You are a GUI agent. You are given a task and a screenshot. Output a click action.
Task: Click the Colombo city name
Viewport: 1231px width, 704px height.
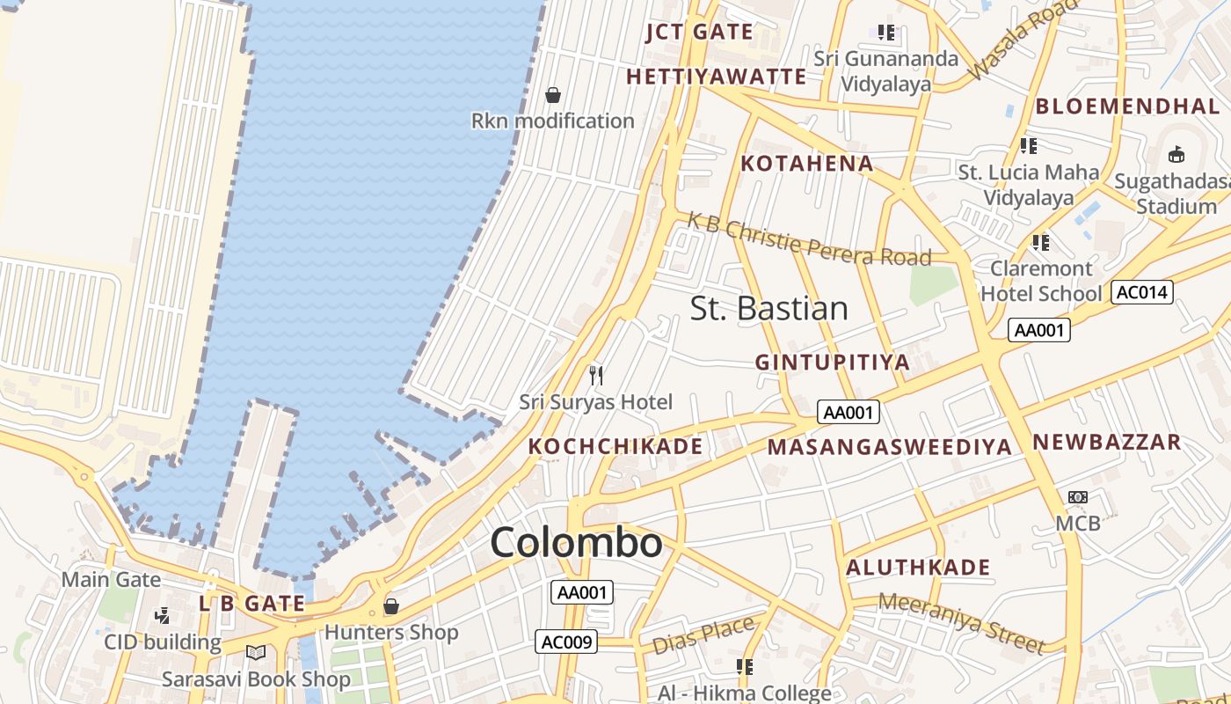[x=576, y=542]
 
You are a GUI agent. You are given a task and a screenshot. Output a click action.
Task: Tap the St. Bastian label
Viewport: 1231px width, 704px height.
[x=768, y=308]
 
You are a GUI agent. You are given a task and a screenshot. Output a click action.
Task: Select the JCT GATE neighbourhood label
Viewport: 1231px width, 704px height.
[x=699, y=33]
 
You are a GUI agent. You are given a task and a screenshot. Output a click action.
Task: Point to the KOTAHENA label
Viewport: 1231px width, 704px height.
[x=806, y=163]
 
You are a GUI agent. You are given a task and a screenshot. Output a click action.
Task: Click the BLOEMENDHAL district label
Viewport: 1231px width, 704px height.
[x=1127, y=106]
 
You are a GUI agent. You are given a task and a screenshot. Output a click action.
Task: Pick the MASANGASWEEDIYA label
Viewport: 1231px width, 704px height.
[x=889, y=446]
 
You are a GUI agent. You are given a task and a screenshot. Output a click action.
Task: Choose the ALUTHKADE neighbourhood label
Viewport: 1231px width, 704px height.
[x=918, y=568]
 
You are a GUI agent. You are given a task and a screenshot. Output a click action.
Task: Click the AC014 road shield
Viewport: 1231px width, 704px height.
[x=1142, y=292]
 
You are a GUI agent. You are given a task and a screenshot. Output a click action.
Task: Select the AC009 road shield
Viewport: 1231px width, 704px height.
[x=567, y=642]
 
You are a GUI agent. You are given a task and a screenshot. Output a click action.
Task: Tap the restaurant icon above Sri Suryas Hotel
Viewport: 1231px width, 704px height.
[x=596, y=376]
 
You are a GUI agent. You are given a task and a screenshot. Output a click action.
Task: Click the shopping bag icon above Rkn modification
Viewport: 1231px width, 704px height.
[x=553, y=95]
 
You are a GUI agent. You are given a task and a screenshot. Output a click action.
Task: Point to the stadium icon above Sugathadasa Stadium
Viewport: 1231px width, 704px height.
[x=1176, y=155]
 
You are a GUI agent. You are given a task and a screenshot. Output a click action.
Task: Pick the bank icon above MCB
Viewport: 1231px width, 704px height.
[x=1078, y=497]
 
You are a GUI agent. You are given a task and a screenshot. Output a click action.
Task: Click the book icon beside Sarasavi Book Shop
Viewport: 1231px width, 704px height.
[x=256, y=653]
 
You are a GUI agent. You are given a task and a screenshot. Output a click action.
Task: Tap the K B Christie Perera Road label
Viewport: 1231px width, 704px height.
[x=809, y=238]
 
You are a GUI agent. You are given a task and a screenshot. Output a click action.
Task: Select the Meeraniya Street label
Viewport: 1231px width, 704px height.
[x=962, y=622]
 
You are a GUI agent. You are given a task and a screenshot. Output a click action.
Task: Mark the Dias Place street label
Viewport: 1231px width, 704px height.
[x=703, y=635]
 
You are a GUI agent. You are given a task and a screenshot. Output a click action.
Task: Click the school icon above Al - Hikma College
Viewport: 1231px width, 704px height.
[x=745, y=667]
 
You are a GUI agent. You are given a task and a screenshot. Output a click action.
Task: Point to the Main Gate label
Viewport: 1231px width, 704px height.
[x=111, y=579]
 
